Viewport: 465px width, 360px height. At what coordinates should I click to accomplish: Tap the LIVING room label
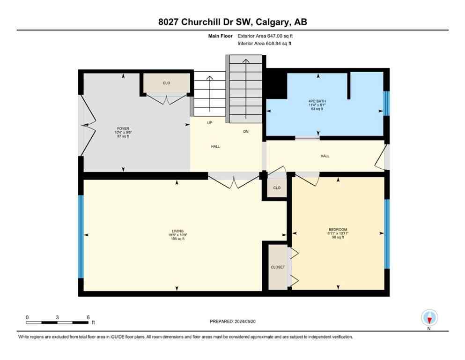(177, 231)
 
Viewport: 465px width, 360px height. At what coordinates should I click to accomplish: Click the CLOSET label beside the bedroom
(278, 267)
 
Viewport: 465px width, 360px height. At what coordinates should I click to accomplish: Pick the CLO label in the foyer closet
(166, 83)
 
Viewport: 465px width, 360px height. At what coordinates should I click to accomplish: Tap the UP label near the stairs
(210, 123)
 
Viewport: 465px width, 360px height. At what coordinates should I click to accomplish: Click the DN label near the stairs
(245, 131)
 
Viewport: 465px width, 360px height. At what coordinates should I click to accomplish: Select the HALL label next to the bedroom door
(325, 156)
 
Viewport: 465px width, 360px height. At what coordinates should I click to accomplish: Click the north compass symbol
(429, 318)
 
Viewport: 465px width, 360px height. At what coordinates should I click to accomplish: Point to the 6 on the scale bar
(88, 317)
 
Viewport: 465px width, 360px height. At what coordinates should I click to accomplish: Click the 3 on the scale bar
(58, 317)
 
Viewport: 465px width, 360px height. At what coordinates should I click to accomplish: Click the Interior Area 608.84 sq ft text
(265, 44)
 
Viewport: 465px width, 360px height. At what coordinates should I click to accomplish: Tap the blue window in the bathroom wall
(386, 103)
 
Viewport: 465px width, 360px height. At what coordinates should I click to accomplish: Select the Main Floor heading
(222, 36)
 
